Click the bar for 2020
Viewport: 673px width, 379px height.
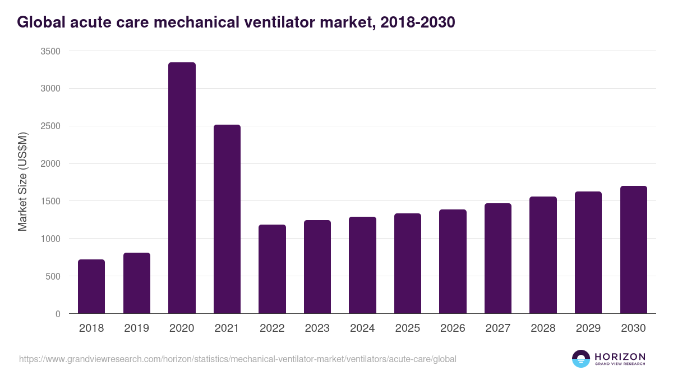182,188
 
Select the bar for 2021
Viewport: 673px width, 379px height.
227,219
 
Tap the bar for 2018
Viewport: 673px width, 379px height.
91,286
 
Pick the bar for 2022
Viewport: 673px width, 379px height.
272,269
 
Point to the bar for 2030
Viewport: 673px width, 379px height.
634,249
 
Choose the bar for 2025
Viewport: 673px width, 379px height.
408,263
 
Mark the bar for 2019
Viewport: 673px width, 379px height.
137,283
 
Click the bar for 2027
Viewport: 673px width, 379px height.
498,258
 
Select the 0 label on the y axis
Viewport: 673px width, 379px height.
58,314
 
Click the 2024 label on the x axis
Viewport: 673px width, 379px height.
362,328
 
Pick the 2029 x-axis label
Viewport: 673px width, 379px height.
588,328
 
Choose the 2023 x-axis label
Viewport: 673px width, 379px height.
317,328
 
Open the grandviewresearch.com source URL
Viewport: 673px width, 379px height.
238,359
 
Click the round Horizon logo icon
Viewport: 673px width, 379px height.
581,359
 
